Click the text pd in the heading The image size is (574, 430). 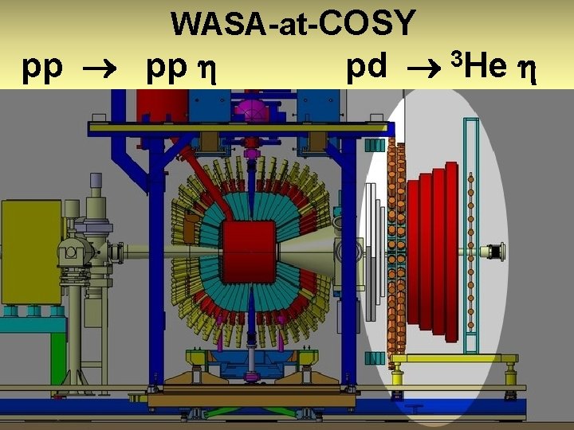coord(366,68)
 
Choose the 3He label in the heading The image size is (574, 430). coord(479,67)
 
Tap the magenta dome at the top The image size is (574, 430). coord(252,108)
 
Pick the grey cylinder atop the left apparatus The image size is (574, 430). coord(98,190)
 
